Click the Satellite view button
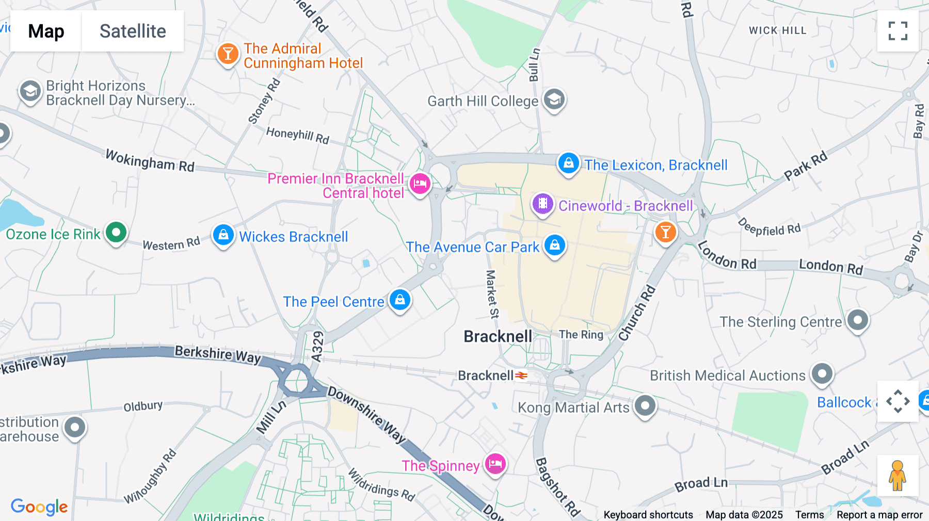click(x=133, y=31)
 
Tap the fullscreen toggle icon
click(x=898, y=31)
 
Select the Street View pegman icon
click(x=898, y=475)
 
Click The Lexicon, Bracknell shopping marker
click(x=568, y=163)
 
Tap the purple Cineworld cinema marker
click(x=542, y=204)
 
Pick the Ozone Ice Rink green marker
click(x=116, y=232)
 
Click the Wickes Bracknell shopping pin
click(x=223, y=235)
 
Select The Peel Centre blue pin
click(x=400, y=300)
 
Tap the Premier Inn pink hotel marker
click(x=420, y=183)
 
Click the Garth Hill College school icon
click(x=554, y=99)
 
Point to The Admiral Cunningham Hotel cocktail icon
click(x=228, y=53)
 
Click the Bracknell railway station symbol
click(x=521, y=376)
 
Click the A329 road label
click(x=317, y=347)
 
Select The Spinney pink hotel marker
click(x=495, y=463)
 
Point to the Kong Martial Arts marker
click(x=645, y=405)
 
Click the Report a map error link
click(x=879, y=515)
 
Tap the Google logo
click(x=39, y=507)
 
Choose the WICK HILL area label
click(x=777, y=30)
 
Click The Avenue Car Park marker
click(x=555, y=245)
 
